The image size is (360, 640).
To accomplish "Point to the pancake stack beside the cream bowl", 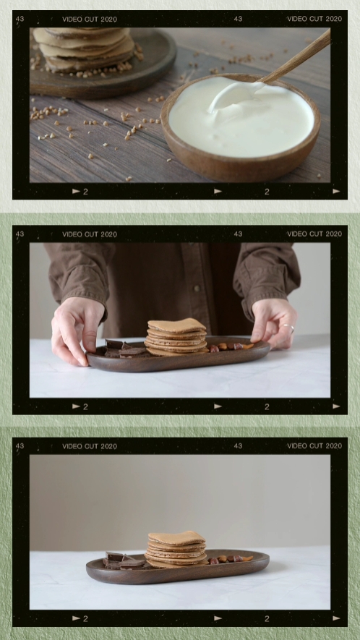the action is (x=85, y=49).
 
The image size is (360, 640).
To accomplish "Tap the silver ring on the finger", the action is (x=288, y=327).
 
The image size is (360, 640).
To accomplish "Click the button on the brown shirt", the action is (x=197, y=288).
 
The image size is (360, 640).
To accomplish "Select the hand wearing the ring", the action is (x=273, y=323).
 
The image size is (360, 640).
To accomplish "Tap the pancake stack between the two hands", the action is (x=176, y=337).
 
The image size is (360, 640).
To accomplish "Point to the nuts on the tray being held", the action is (x=230, y=347).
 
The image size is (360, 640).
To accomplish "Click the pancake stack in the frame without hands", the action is (x=176, y=549).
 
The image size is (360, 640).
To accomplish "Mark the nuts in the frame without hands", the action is (x=230, y=558).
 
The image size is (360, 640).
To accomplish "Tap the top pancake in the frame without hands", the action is (x=176, y=537).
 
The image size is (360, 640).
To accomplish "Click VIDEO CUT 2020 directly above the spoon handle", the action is (x=314, y=19).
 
